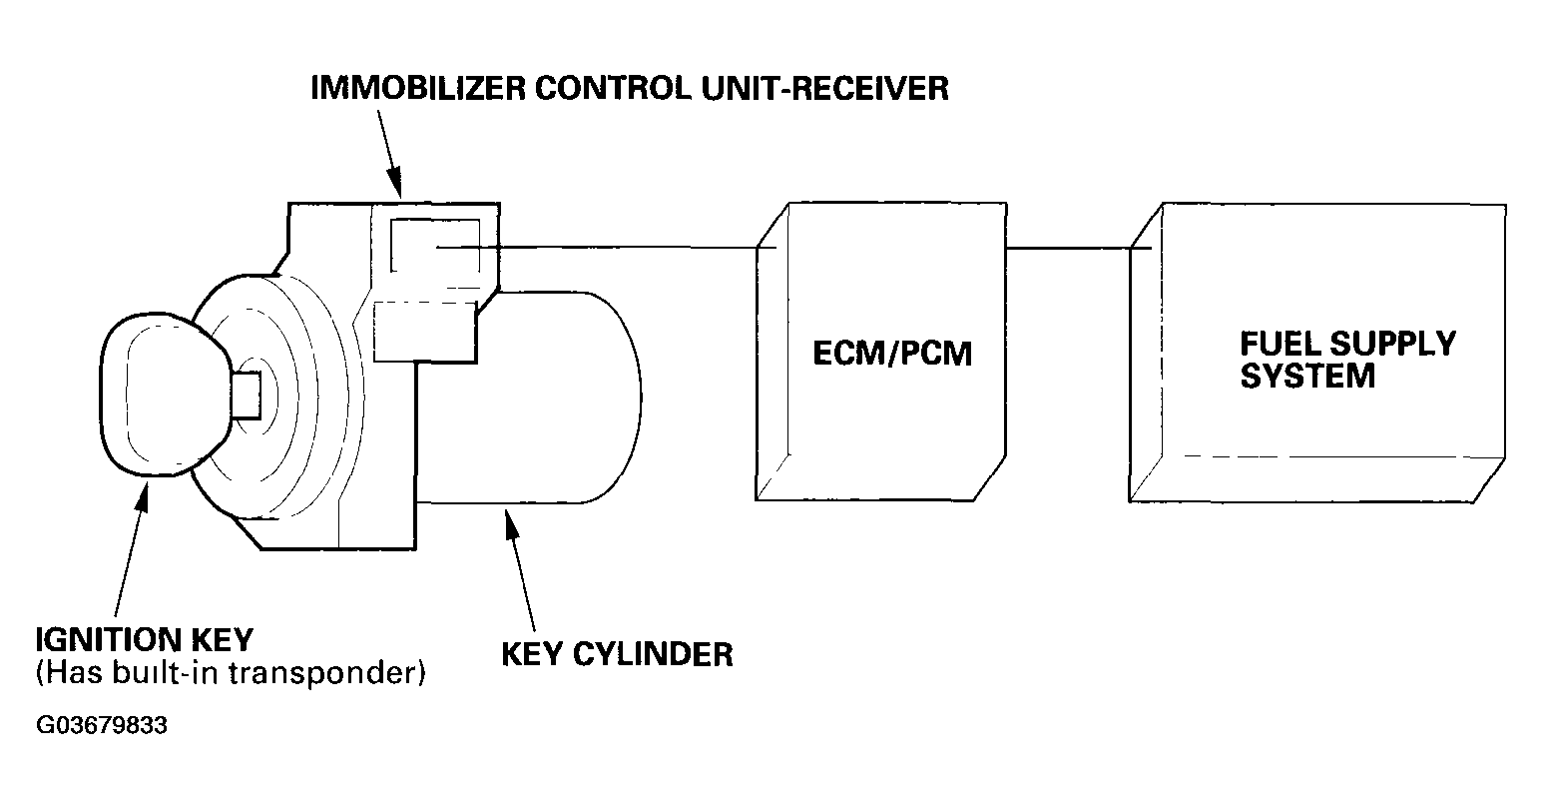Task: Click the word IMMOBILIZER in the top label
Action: (418, 88)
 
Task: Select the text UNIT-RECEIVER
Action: (825, 88)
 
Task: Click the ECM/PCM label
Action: (892, 354)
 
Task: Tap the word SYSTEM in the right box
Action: (1306, 376)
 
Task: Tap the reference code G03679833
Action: (102, 725)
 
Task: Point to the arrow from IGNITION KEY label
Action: (131, 549)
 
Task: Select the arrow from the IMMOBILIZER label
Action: (389, 154)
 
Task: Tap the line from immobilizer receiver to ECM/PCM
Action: (607, 247)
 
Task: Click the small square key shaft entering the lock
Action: (247, 396)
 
